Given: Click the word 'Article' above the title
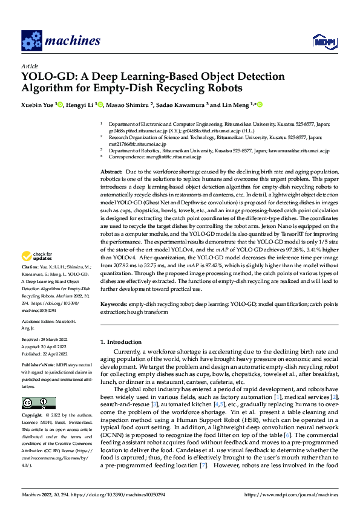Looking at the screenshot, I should [x=30, y=66].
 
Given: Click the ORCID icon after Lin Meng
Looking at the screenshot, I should [x=260, y=105].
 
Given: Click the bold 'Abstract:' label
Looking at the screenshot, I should [x=111, y=172].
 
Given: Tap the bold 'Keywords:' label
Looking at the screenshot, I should [x=114, y=303].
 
